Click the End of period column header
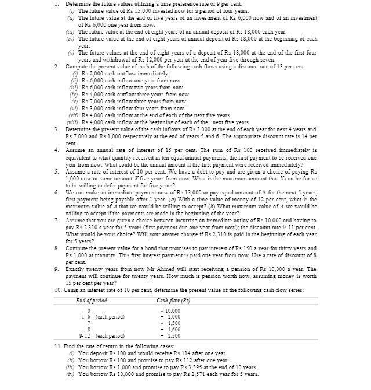[92, 300]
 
